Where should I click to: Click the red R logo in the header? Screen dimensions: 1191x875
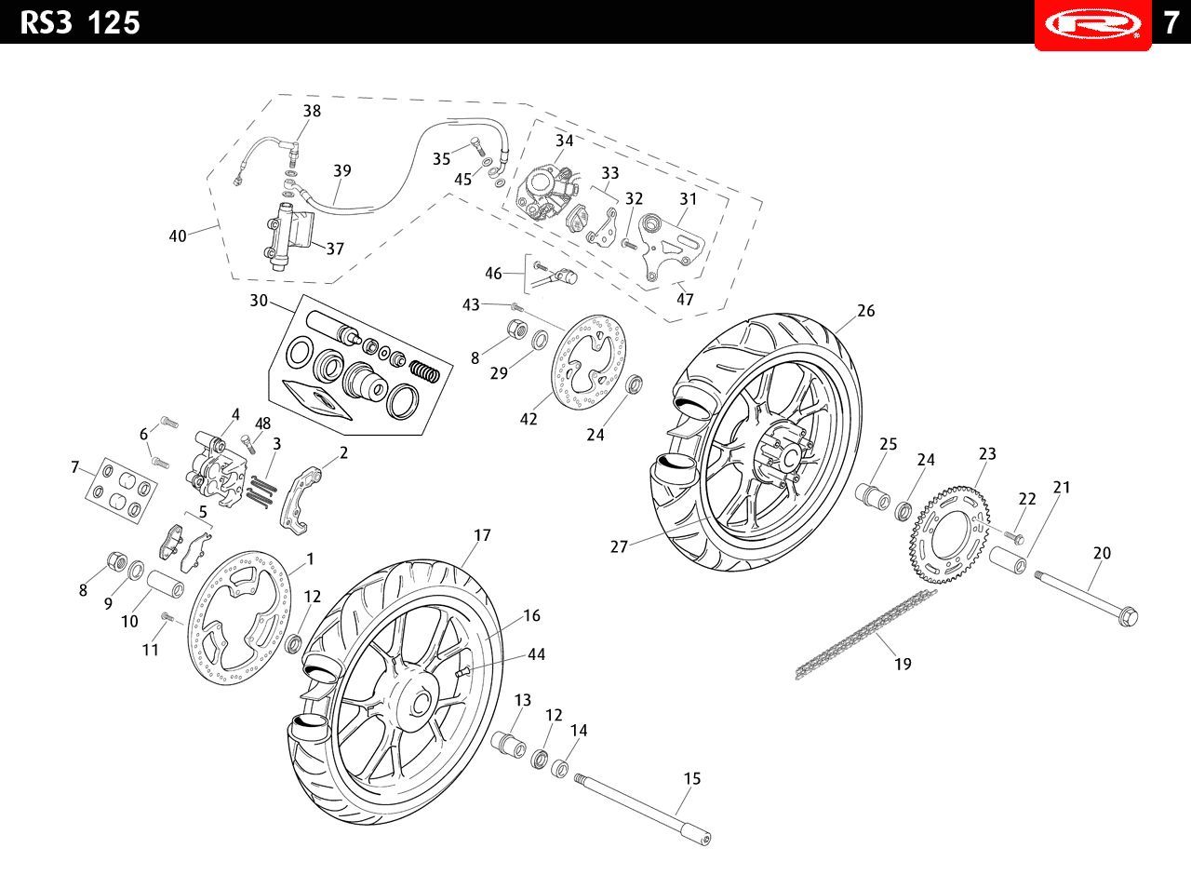click(1092, 24)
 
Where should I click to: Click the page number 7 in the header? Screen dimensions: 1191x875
click(1171, 22)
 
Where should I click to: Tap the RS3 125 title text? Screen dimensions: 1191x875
click(80, 22)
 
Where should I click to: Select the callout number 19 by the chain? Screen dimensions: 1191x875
click(903, 664)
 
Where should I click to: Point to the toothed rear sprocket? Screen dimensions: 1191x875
click(950, 534)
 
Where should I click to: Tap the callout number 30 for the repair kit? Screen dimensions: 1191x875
click(259, 301)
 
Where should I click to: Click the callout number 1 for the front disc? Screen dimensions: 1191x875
click(310, 559)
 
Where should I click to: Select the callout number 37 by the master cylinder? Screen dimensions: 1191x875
click(335, 249)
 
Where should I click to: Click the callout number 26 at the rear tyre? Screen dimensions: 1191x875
click(865, 311)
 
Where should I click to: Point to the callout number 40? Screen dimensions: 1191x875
click(178, 236)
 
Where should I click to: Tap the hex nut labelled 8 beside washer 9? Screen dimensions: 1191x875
click(117, 560)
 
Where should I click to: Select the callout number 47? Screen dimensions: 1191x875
click(685, 300)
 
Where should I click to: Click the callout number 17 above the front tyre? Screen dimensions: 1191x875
click(482, 535)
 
